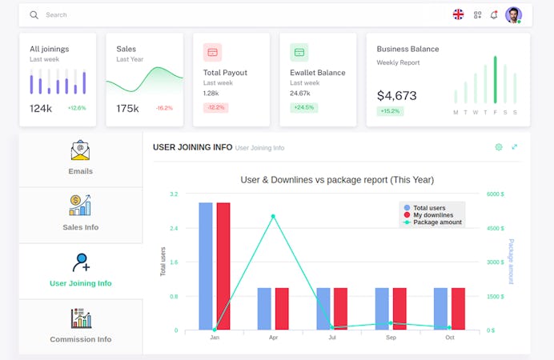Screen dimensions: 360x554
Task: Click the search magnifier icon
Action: tap(34, 14)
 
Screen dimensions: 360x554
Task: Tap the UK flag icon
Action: tap(458, 14)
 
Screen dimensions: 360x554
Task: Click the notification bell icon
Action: tap(494, 14)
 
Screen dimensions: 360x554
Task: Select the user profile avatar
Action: tap(513, 14)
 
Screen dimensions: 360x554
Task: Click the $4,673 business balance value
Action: tap(396, 95)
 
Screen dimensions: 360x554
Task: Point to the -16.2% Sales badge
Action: tap(163, 108)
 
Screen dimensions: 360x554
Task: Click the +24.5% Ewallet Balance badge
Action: tap(303, 107)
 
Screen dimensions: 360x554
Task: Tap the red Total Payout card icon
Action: tap(212, 53)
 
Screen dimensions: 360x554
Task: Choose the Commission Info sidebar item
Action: tap(80, 326)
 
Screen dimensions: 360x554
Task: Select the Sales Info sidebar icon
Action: tap(80, 206)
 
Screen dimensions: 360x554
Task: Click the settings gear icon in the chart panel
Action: tap(499, 147)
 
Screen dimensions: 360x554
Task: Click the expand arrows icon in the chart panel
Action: tap(514, 147)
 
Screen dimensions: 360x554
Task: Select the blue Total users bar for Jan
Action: tap(206, 266)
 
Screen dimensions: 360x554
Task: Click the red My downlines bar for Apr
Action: tap(282, 309)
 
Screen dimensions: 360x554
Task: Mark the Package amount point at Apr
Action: tap(273, 216)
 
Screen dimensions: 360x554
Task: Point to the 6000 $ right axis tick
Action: tap(496, 194)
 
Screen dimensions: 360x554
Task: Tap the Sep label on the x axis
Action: tap(390, 338)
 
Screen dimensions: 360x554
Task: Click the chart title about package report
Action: tap(336, 180)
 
